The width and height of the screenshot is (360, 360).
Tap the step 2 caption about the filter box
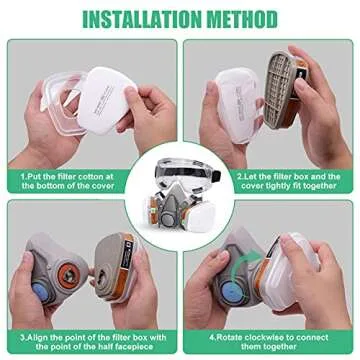pos(289,180)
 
